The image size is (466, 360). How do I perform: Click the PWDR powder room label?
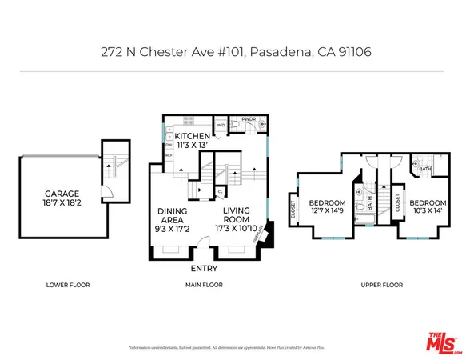[x=249, y=119]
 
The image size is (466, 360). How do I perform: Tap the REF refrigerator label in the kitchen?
[x=169, y=156]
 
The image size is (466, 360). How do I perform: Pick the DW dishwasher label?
[x=169, y=145]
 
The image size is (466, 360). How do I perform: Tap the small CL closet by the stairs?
[x=220, y=192]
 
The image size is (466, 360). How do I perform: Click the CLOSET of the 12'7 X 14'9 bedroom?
[x=293, y=210]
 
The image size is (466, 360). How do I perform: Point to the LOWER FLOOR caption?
[x=67, y=285]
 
